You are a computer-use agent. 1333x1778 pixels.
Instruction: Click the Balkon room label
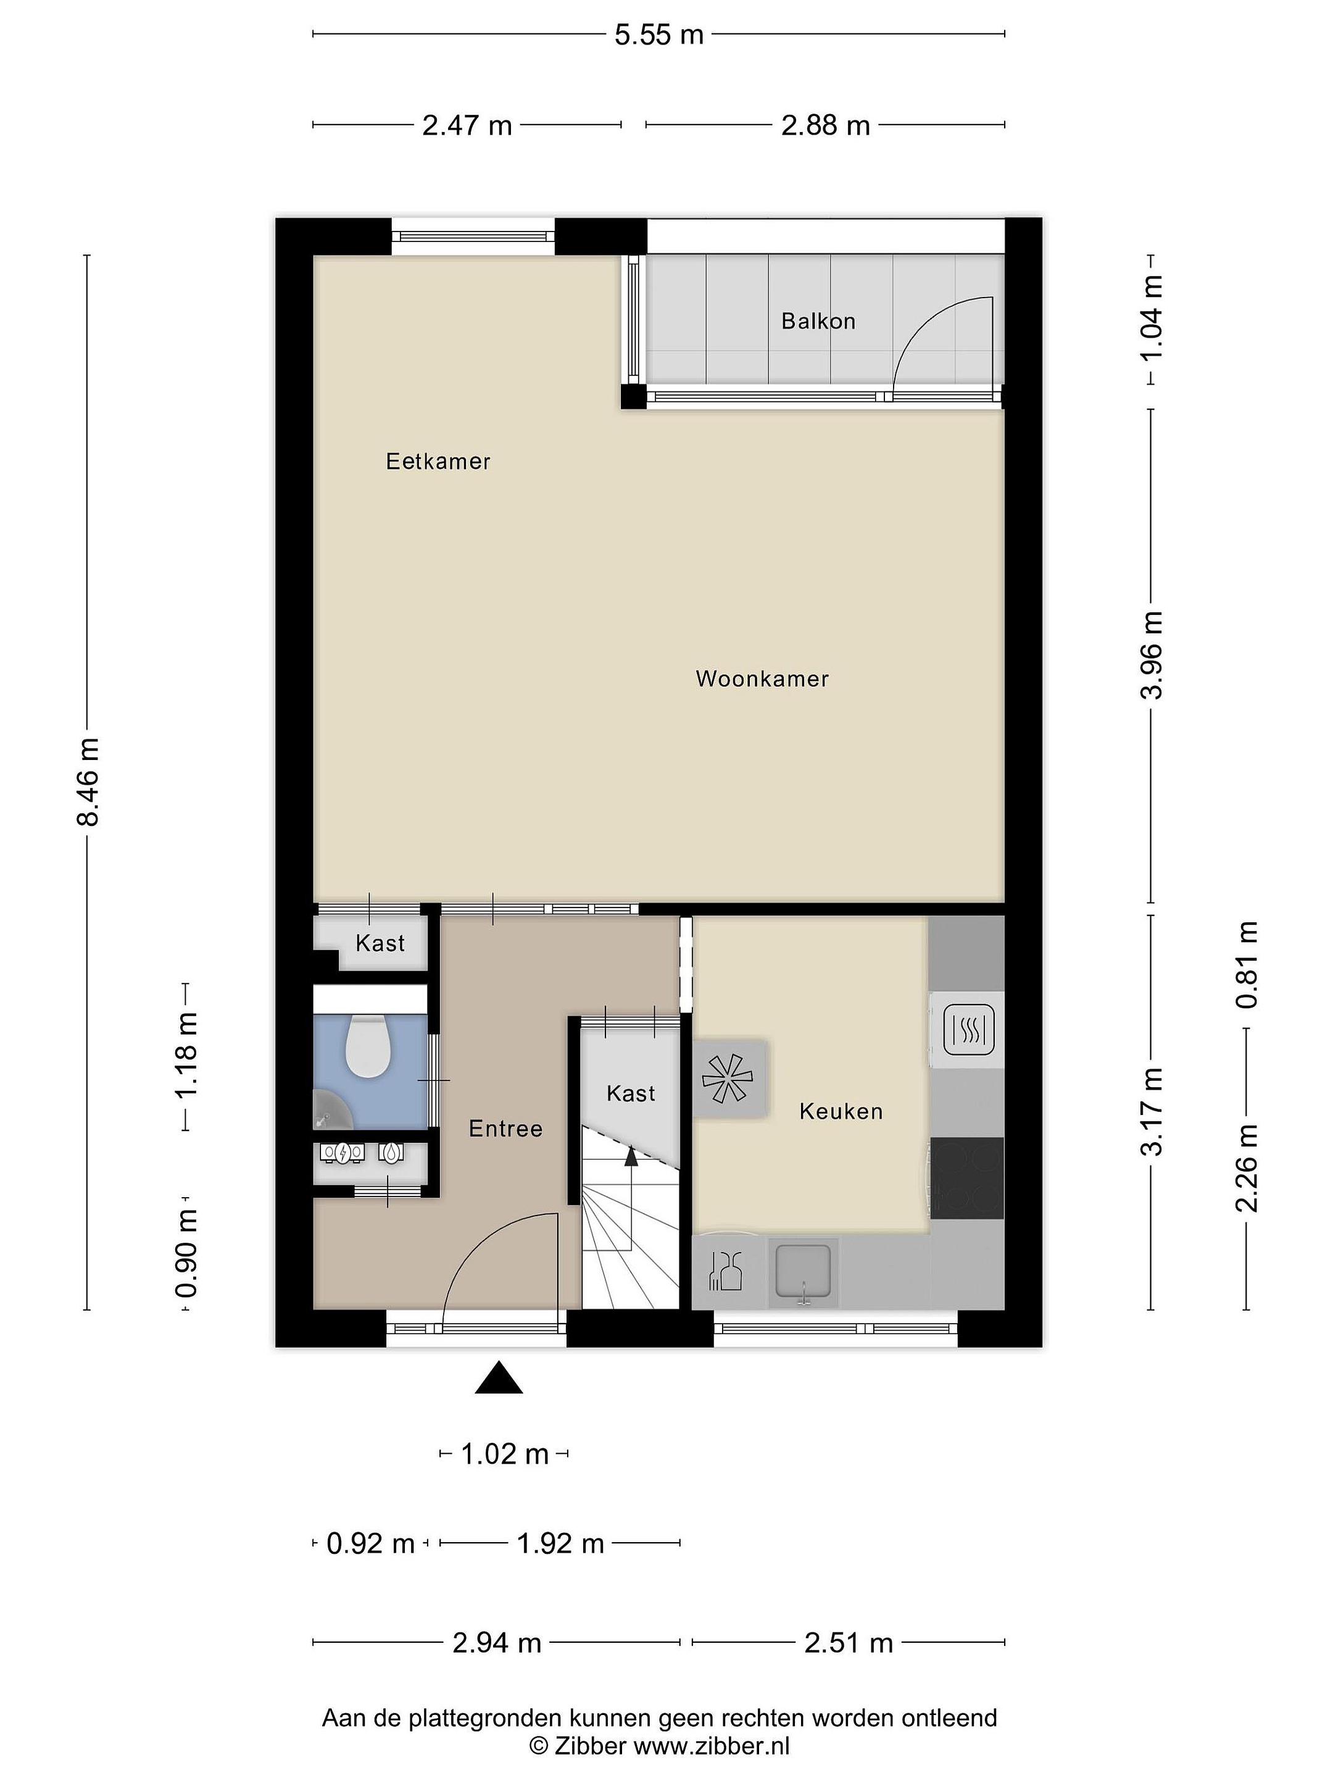pos(818,322)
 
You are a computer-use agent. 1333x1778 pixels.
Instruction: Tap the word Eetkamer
pos(438,461)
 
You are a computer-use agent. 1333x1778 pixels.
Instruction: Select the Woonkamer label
pos(762,678)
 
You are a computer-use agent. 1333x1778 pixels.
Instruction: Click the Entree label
pos(505,1129)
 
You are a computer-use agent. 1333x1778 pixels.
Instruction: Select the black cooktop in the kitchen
pos(968,1177)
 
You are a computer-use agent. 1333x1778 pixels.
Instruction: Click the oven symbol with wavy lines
pos(968,1030)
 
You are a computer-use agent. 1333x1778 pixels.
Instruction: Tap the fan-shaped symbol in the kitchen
pos(727,1077)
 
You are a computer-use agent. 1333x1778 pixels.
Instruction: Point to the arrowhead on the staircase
pos(631,1157)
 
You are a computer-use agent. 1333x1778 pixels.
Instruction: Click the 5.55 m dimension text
pos(659,35)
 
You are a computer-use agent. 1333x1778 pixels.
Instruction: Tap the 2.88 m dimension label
pos(825,125)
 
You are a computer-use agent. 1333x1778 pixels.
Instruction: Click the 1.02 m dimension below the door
pos(505,1453)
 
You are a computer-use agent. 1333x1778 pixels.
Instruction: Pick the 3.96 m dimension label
pos(1152,655)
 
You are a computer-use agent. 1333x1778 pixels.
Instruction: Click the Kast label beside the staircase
pos(631,1093)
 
